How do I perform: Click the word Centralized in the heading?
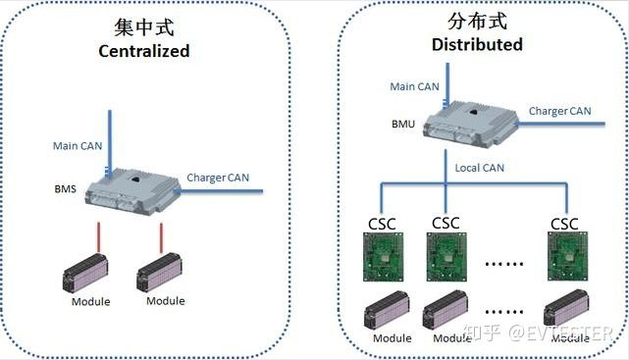pyautogui.click(x=144, y=51)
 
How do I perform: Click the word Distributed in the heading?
pyautogui.click(x=477, y=44)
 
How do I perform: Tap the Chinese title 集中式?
pyautogui.click(x=144, y=27)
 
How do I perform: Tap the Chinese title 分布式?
pyautogui.click(x=477, y=21)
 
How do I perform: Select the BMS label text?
pyautogui.click(x=66, y=188)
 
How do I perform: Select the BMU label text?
pyautogui.click(x=403, y=125)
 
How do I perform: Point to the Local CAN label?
pyautogui.click(x=480, y=168)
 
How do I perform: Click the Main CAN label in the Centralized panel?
pyautogui.click(x=78, y=146)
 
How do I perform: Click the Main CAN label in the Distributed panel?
pyautogui.click(x=414, y=86)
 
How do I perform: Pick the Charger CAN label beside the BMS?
pyautogui.click(x=218, y=178)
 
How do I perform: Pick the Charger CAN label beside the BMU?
pyautogui.click(x=559, y=111)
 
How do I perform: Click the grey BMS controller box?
pyautogui.click(x=132, y=191)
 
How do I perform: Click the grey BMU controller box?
pyautogui.click(x=471, y=125)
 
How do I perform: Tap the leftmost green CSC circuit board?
pyautogui.click(x=383, y=257)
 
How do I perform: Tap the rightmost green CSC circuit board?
pyautogui.click(x=567, y=256)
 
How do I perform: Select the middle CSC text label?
pyautogui.click(x=446, y=224)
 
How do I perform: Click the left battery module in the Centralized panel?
pyautogui.click(x=85, y=273)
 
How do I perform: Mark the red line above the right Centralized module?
pyautogui.click(x=161, y=238)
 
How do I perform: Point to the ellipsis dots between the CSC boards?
pyautogui.click(x=504, y=264)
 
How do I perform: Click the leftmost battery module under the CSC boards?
pyautogui.click(x=387, y=310)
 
